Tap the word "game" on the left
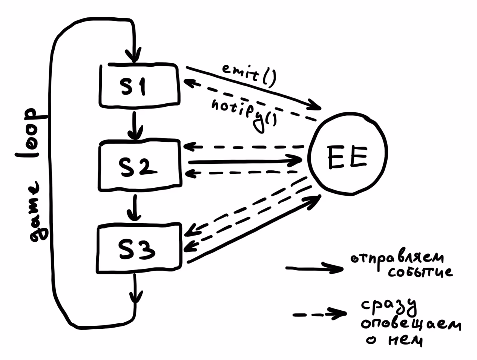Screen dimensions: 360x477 tap(38, 211)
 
